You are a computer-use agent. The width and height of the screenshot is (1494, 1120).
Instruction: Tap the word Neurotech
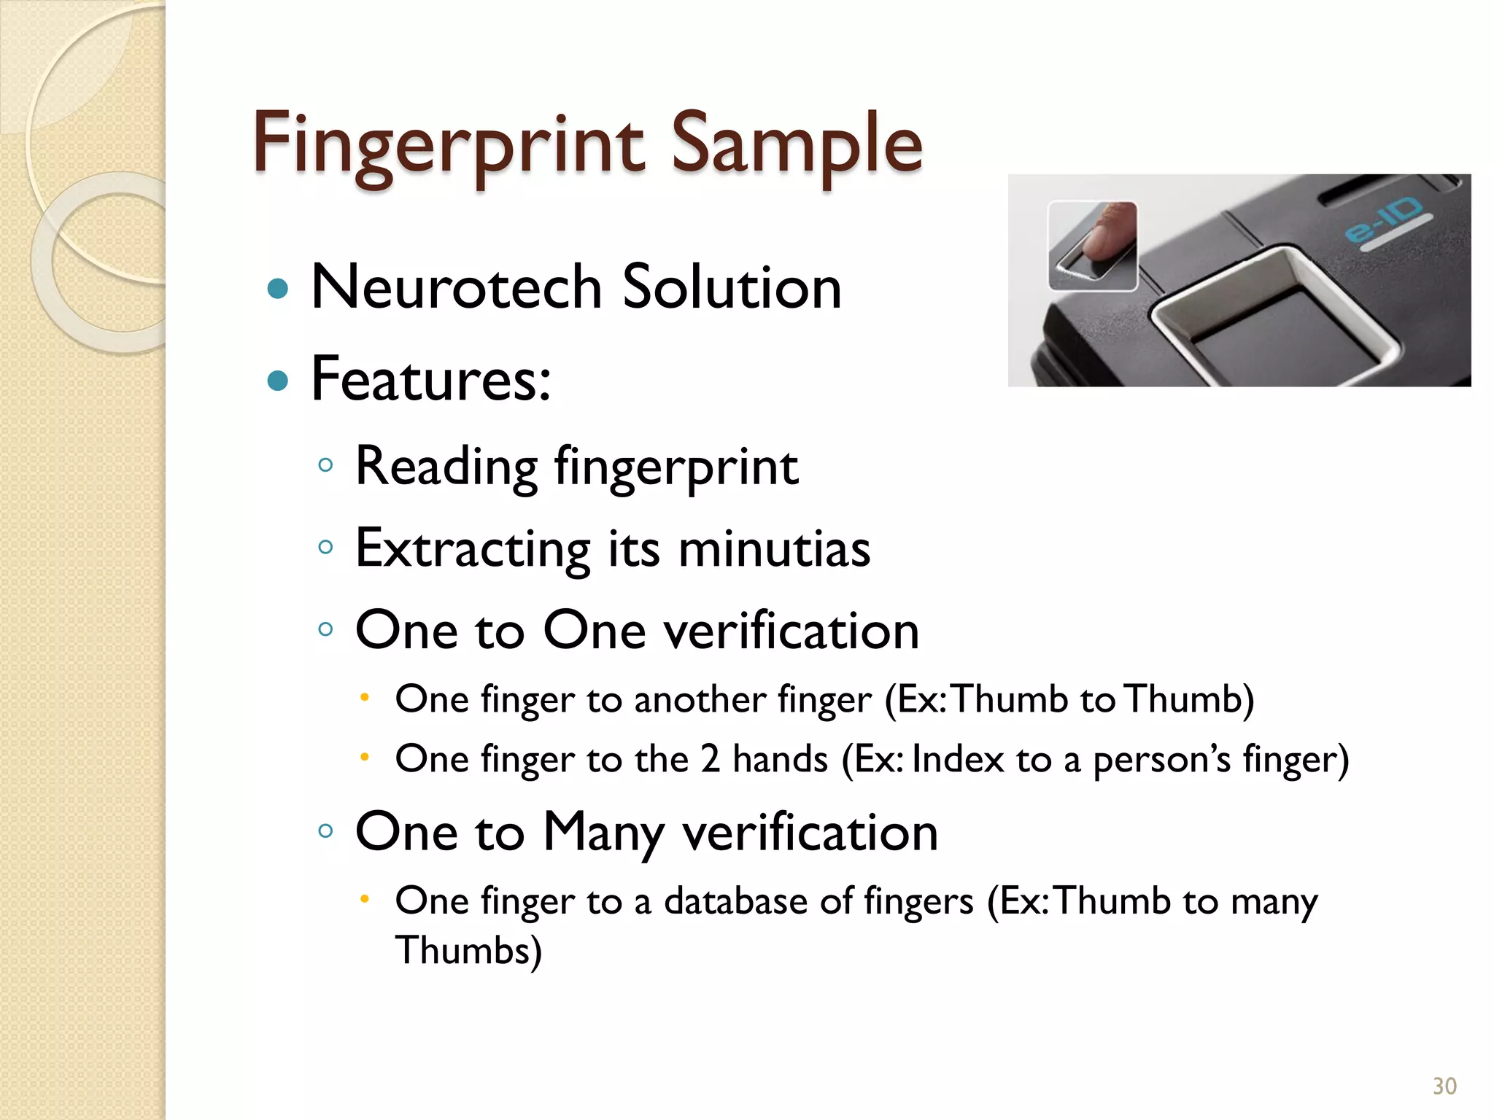click(456, 287)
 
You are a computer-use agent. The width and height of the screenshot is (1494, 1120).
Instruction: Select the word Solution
click(732, 287)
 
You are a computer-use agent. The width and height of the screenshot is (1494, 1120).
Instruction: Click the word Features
click(430, 379)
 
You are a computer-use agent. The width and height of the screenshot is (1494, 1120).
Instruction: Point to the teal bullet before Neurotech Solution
click(278, 289)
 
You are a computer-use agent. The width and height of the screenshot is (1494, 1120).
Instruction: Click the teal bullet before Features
click(278, 380)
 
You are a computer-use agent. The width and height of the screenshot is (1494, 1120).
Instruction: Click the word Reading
click(446, 467)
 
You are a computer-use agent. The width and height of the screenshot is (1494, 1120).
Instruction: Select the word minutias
click(774, 549)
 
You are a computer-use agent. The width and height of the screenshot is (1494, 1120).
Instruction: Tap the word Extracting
click(473, 549)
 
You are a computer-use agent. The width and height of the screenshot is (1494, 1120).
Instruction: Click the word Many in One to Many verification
click(604, 833)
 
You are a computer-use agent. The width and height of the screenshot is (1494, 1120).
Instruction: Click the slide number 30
click(1444, 1086)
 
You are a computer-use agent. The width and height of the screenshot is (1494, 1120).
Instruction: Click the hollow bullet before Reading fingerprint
click(326, 464)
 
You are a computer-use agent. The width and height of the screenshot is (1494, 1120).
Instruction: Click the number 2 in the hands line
click(710, 759)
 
